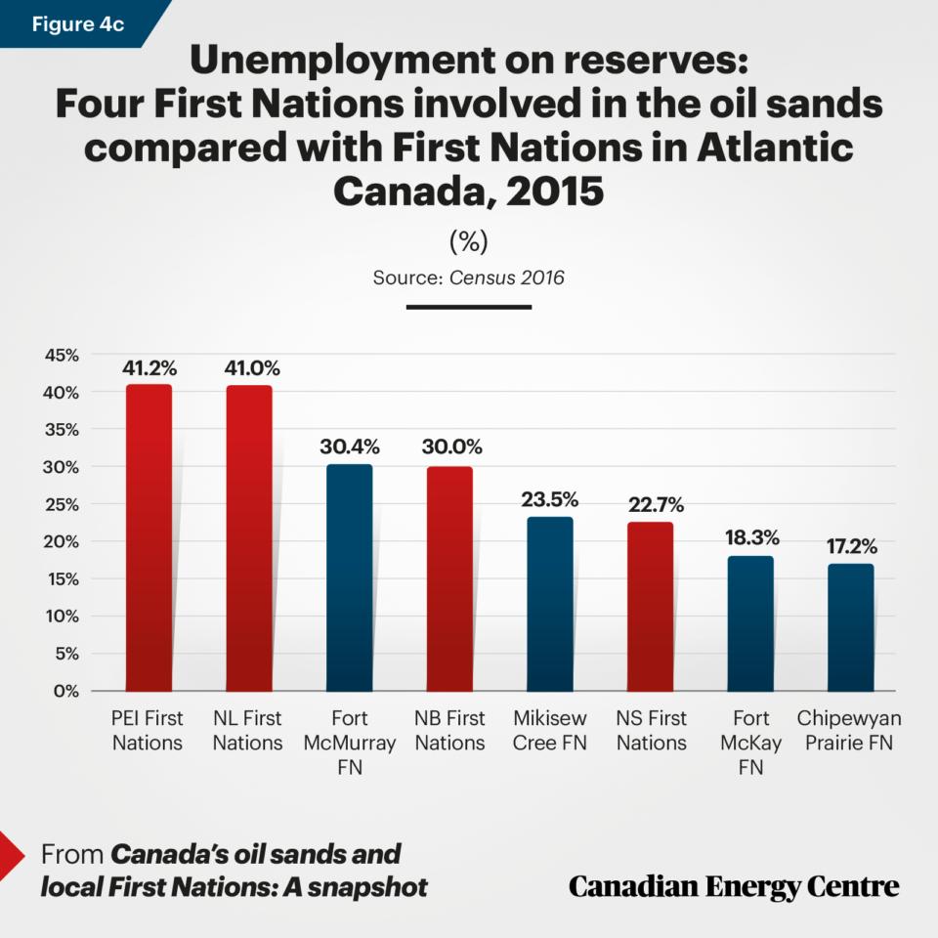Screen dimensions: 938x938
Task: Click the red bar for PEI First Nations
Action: tap(149, 537)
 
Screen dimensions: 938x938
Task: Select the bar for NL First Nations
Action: tap(249, 538)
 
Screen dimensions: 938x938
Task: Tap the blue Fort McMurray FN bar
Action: tap(349, 577)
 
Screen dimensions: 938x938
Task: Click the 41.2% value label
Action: tap(149, 368)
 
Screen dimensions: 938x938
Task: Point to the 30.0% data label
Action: tap(449, 448)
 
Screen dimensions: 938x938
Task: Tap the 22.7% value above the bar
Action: tap(651, 505)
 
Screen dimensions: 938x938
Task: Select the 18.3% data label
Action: tap(750, 538)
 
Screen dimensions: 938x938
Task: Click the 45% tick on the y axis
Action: tap(61, 355)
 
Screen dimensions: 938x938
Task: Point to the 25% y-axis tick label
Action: tap(61, 504)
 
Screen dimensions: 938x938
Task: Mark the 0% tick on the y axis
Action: tap(65, 691)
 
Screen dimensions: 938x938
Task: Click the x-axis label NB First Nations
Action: tap(449, 731)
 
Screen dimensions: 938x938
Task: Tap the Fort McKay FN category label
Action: tap(750, 743)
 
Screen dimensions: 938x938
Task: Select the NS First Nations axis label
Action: tap(651, 731)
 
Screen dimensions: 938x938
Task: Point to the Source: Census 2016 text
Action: tap(468, 277)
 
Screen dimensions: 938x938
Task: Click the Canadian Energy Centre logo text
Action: tap(734, 886)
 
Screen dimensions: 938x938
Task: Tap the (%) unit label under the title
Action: tap(468, 240)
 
